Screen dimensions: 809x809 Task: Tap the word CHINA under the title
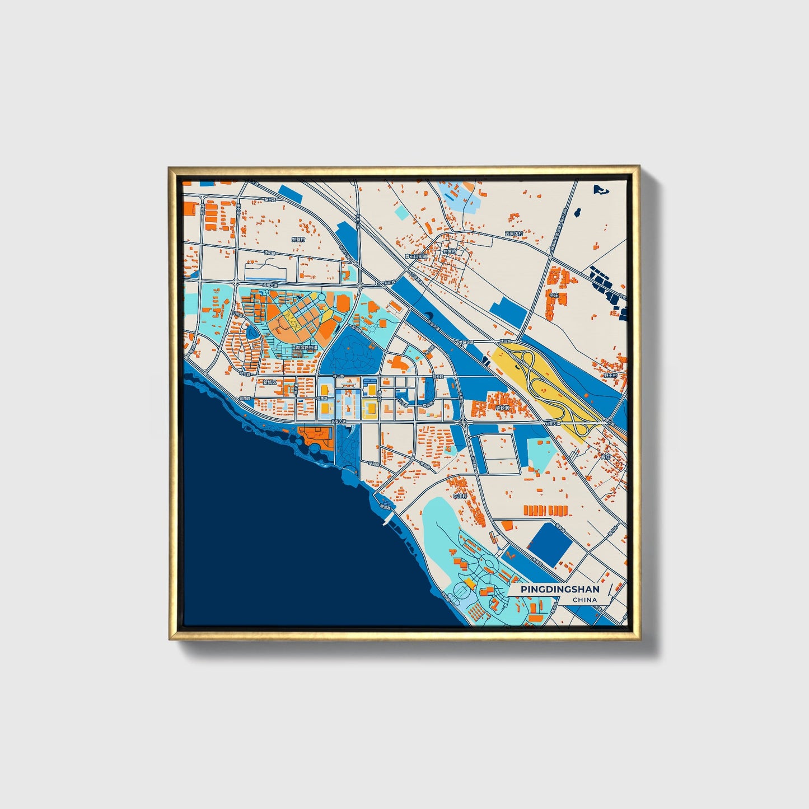pyautogui.click(x=584, y=600)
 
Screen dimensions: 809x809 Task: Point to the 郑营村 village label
pyautogui.click(x=299, y=239)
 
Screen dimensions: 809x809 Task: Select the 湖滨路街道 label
pyautogui.click(x=306, y=348)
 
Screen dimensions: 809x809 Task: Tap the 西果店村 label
pyautogui.click(x=513, y=233)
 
